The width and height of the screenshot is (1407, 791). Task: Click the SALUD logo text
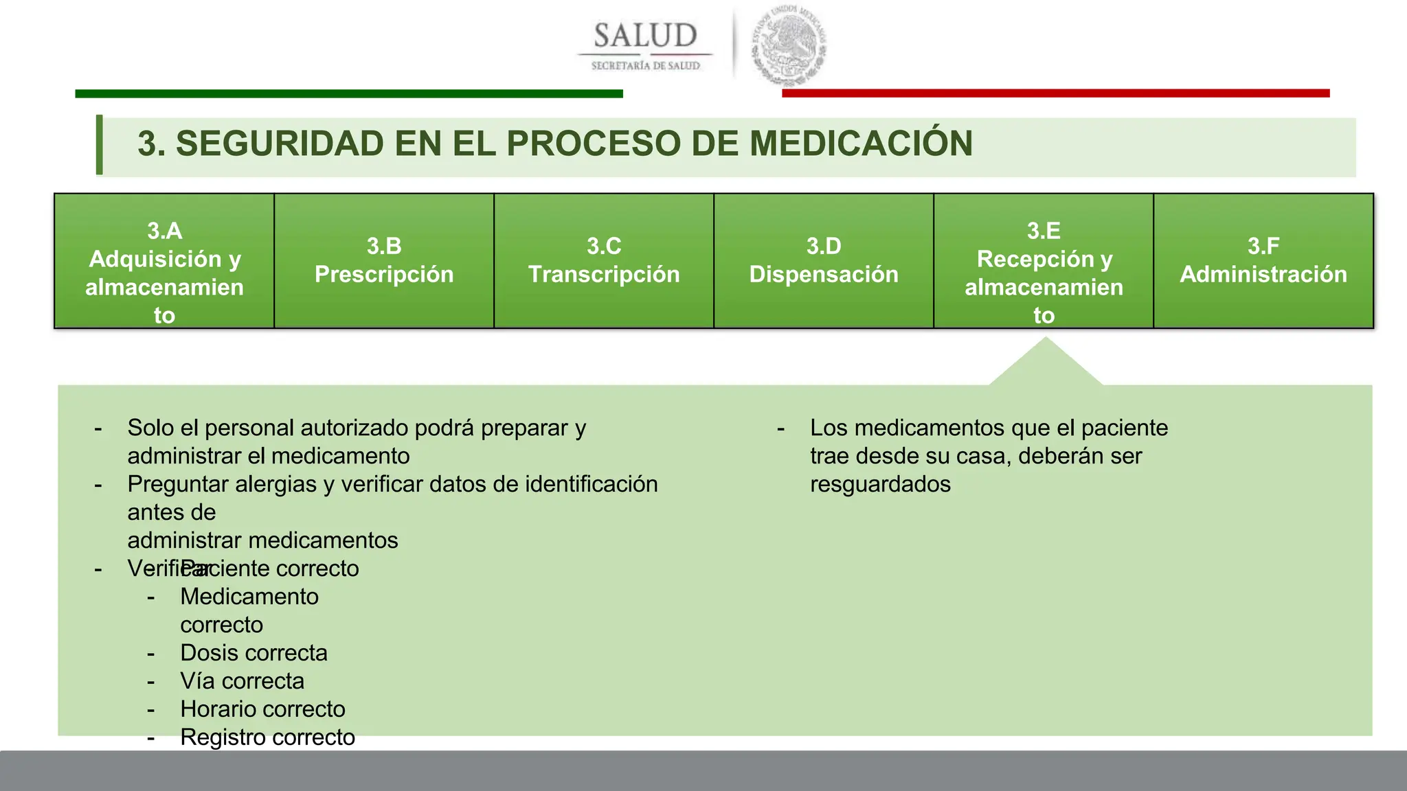pos(645,36)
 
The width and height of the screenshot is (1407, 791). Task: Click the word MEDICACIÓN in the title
pos(861,144)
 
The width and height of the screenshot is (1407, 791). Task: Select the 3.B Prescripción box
pos(384,261)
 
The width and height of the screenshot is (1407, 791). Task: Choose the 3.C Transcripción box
pos(604,261)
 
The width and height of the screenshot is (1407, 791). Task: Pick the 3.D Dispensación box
pos(824,261)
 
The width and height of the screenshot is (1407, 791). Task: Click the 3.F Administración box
pos(1263,261)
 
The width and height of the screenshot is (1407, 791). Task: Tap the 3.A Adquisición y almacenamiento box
pos(164,261)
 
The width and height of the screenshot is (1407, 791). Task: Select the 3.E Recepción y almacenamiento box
pos(1044,261)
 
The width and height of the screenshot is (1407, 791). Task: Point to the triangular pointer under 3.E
pos(1046,364)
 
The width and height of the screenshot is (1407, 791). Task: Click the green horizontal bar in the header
pos(349,93)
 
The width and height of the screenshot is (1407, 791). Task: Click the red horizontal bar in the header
pos(1055,93)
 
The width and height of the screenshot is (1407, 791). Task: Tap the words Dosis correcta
pos(254,653)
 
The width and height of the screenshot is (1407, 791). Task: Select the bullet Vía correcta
pos(242,681)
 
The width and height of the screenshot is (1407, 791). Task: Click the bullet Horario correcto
pos(262,709)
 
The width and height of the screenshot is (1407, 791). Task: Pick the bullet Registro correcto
pos(267,737)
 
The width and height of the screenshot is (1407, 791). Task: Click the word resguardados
pos(880,484)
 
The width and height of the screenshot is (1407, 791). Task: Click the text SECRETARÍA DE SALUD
pos(645,66)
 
